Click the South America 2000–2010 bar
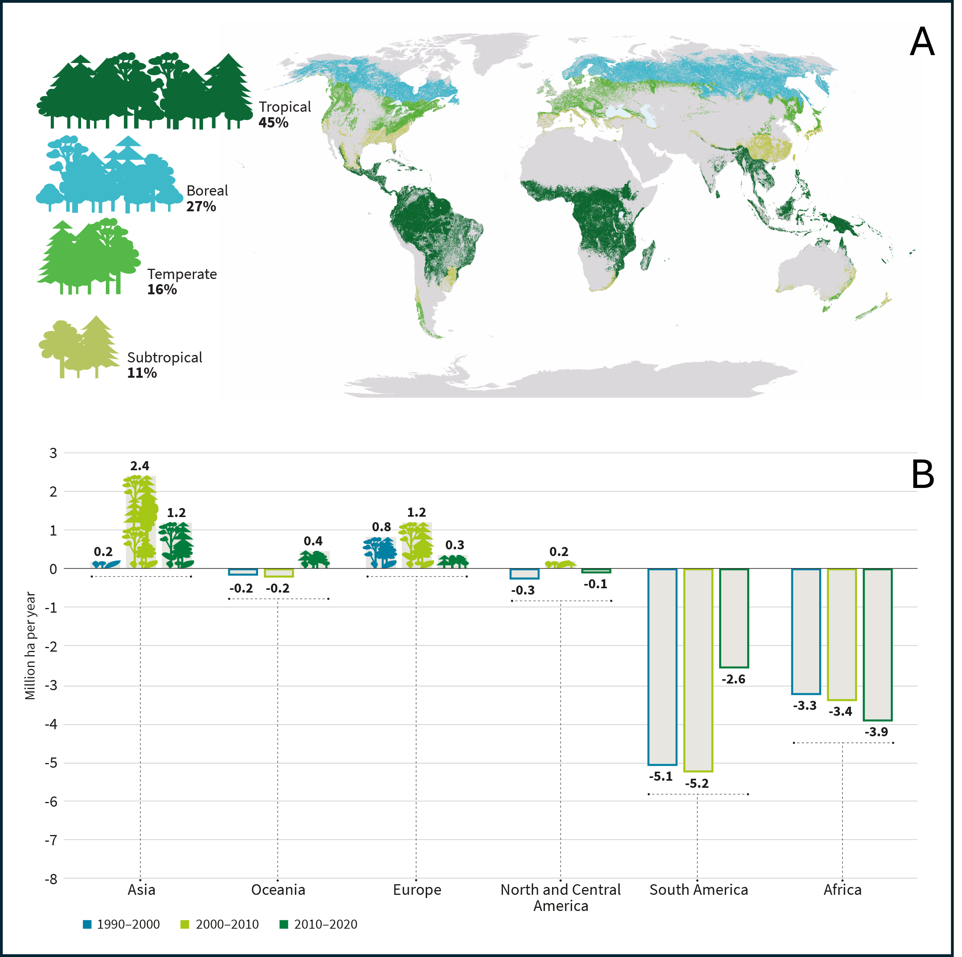(698, 670)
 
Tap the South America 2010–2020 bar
(734, 618)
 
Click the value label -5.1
(660, 776)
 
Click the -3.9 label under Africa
(876, 732)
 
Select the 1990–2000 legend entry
(122, 924)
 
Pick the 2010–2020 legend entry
(319, 924)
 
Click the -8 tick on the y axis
(51, 879)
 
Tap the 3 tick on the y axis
(53, 453)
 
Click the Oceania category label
(278, 890)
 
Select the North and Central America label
(561, 897)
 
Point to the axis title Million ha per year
(30, 645)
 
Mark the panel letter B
(922, 475)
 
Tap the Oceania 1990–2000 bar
(243, 572)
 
